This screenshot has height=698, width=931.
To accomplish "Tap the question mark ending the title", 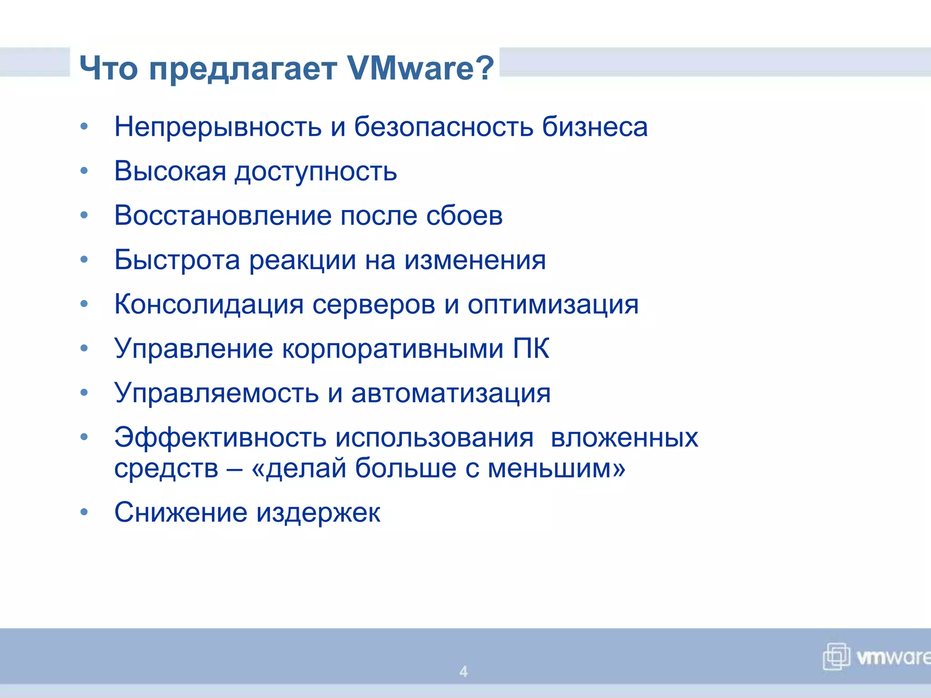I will [486, 68].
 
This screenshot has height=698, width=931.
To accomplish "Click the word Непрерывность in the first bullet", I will [218, 127].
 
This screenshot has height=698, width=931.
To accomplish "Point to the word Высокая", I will [170, 172].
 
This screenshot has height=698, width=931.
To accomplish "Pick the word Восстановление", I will [223, 216].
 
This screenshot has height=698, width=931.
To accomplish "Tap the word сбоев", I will [464, 216].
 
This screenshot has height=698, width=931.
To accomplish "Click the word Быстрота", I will [177, 260].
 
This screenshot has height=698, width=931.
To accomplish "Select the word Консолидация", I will [209, 305].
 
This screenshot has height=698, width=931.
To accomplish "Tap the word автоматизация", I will [450, 394].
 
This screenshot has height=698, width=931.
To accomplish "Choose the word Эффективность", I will [220, 438].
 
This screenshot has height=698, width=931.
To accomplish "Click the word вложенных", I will [624, 438].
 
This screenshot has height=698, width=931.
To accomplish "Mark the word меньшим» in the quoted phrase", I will [556, 468].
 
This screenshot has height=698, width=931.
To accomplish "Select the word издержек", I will [318, 513].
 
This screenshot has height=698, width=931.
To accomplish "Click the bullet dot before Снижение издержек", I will [84, 512].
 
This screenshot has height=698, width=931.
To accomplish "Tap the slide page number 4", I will [463, 671].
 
